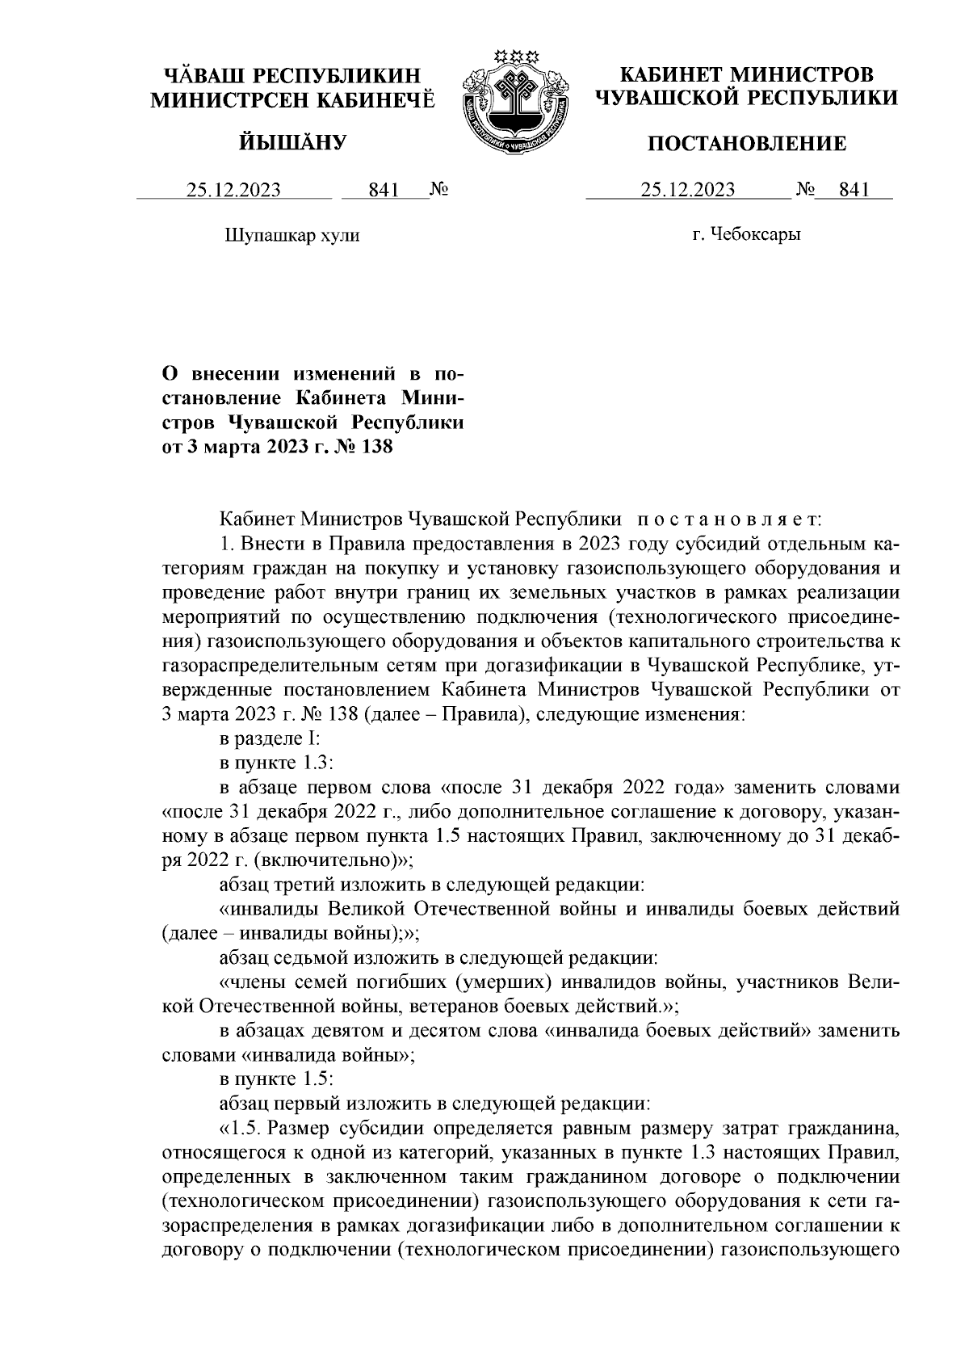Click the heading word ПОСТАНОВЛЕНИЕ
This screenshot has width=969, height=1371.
748,144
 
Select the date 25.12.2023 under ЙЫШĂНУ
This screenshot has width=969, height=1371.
234,190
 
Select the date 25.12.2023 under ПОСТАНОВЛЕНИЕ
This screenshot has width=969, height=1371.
688,190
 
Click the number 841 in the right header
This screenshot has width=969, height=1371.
854,190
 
